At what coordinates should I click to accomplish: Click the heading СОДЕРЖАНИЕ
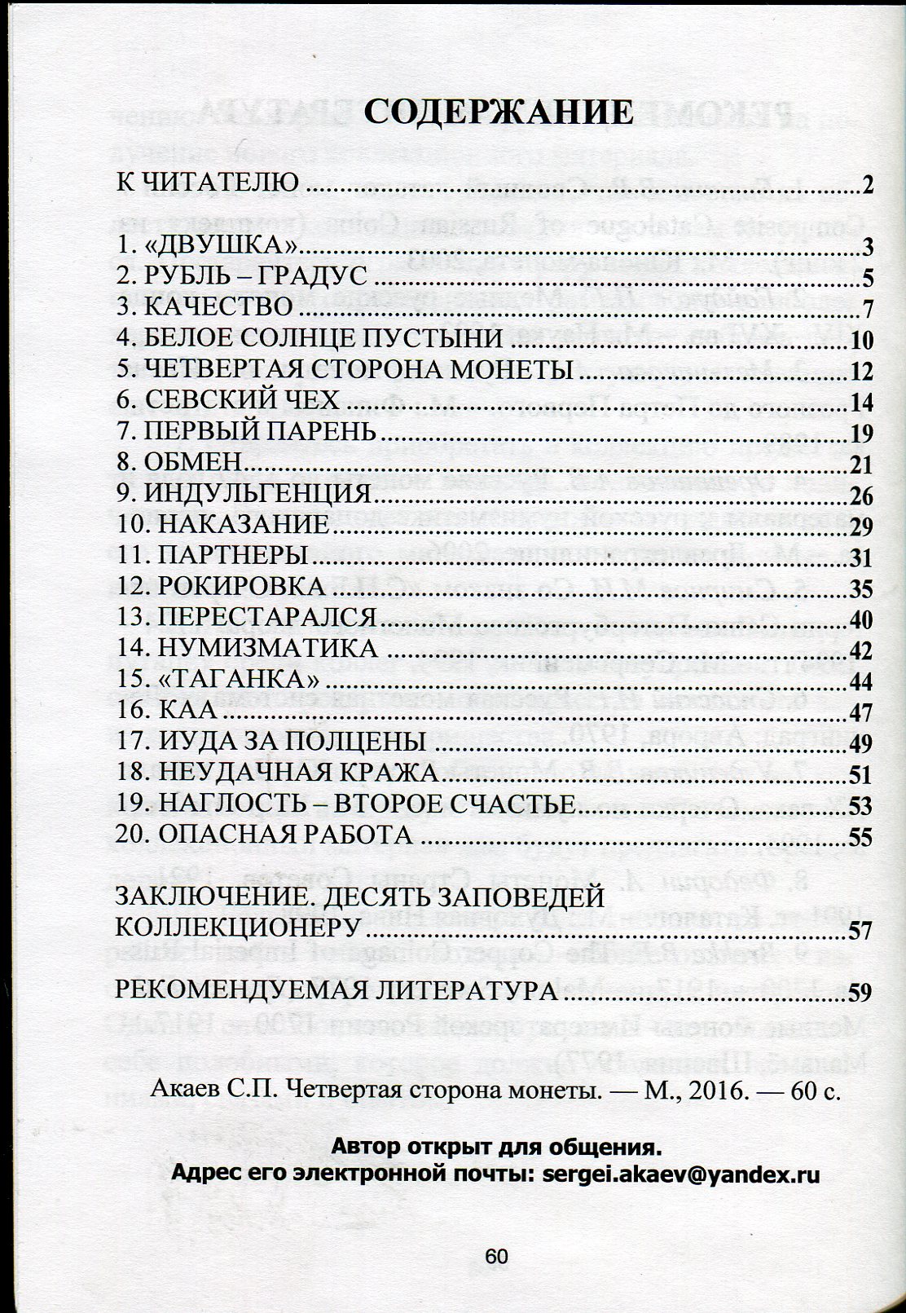pyautogui.click(x=498, y=112)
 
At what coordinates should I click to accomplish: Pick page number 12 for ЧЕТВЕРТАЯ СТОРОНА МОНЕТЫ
pyautogui.click(x=860, y=372)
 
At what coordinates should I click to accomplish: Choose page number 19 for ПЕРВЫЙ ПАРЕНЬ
pyautogui.click(x=860, y=433)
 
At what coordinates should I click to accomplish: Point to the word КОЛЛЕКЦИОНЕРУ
pyautogui.click(x=237, y=927)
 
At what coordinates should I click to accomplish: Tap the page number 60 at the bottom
pyautogui.click(x=496, y=1256)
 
